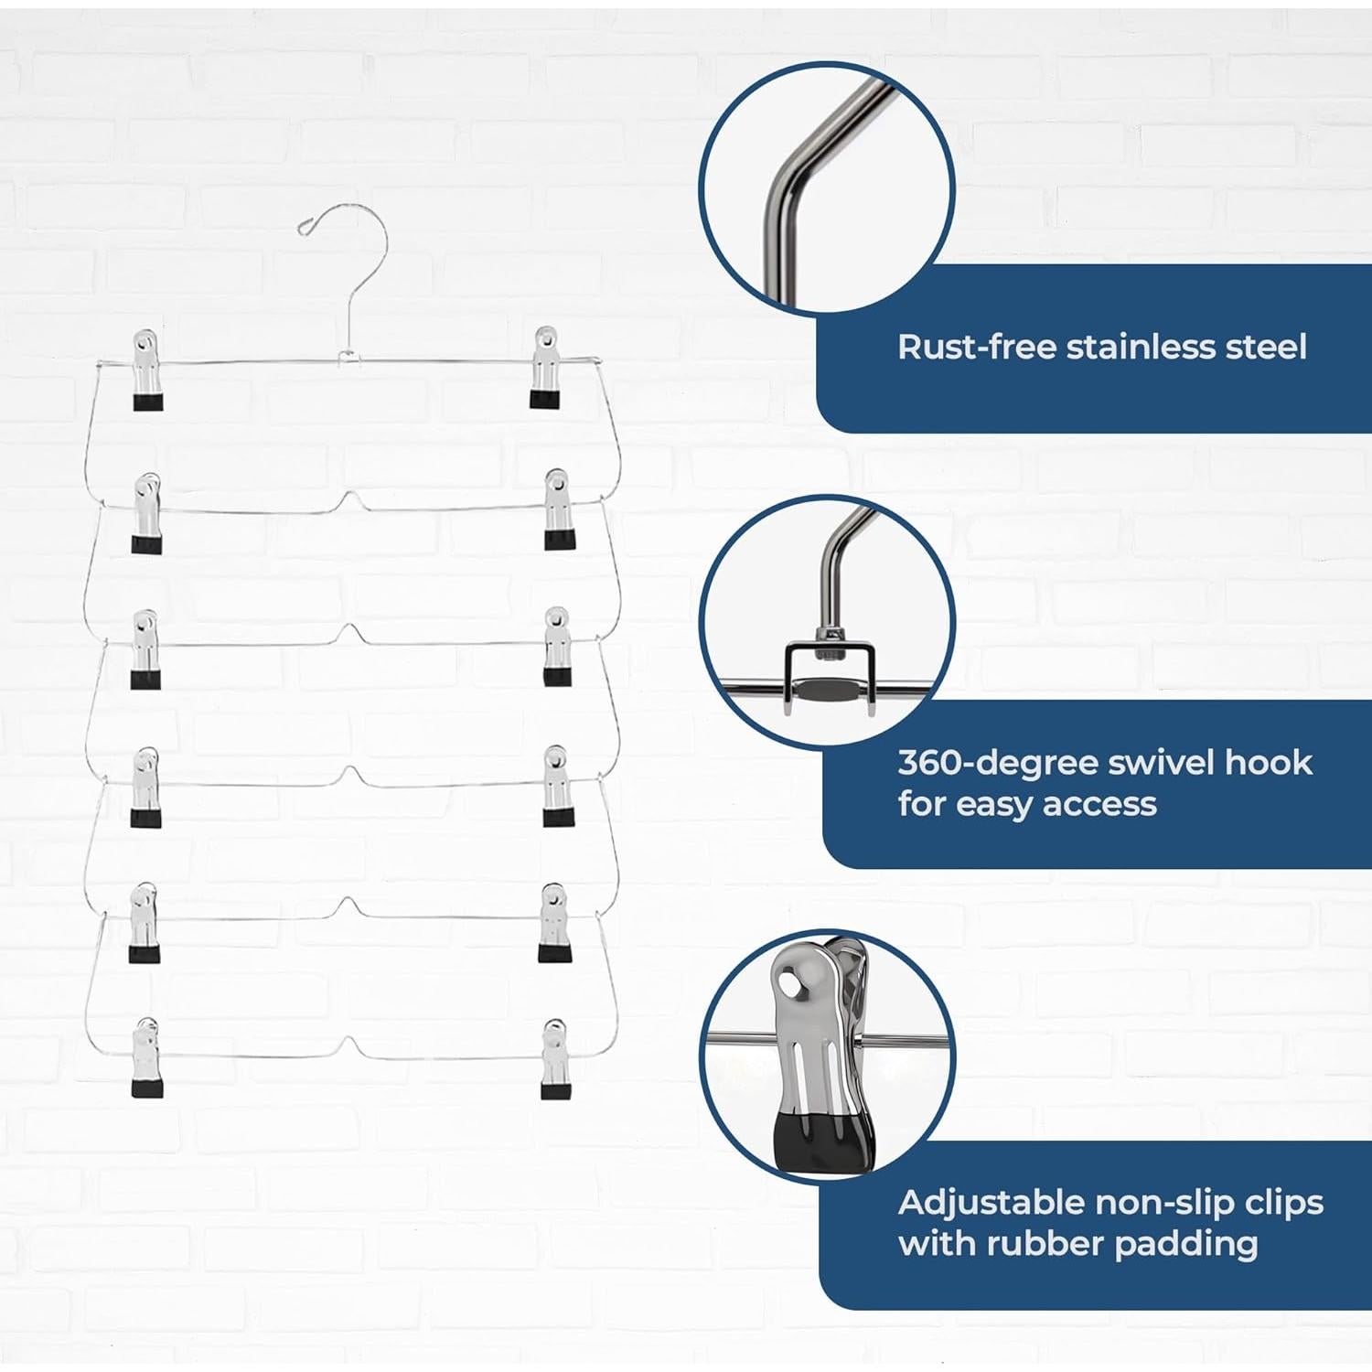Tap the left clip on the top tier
pyautogui.click(x=147, y=370)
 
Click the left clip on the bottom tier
pyautogui.click(x=146, y=1057)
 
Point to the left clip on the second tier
pyautogui.click(x=146, y=513)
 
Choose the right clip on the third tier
pyautogui.click(x=557, y=647)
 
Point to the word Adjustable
pyautogui.click(x=991, y=1204)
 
